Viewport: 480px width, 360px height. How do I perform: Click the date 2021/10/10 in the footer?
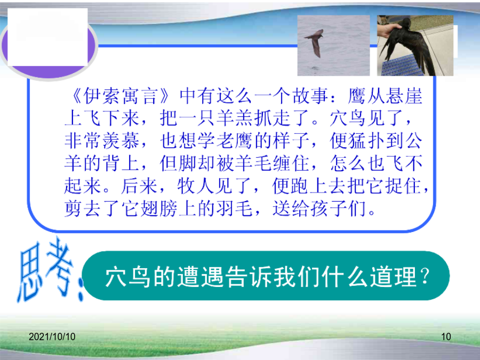coord(52,337)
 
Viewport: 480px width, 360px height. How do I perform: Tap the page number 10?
coord(446,337)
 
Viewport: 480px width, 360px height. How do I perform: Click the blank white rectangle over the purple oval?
coord(47,37)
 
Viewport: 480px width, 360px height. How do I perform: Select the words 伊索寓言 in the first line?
coord(121,96)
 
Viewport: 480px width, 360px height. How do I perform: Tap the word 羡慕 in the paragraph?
coord(121,141)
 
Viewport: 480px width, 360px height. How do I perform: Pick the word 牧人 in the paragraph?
coord(196,186)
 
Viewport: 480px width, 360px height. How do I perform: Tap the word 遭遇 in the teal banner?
coord(201,277)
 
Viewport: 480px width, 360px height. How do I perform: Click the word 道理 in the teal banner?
coord(394,277)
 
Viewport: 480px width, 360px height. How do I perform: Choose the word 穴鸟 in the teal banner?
coord(128,277)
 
